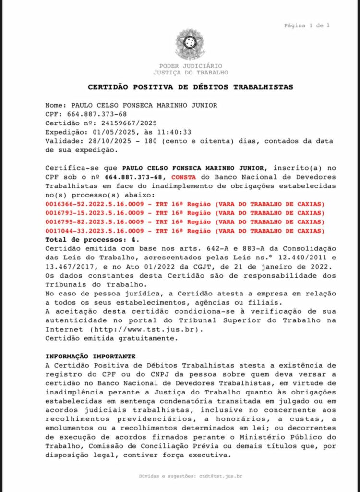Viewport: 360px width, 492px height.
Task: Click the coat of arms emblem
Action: click(x=190, y=44)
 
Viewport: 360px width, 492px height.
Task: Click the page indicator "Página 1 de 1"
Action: click(x=307, y=25)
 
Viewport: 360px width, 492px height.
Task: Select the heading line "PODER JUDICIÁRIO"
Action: click(x=191, y=66)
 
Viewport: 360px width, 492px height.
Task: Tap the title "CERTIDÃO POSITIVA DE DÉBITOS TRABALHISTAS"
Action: click(x=191, y=87)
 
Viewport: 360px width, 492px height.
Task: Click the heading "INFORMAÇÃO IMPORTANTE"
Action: click(x=91, y=357)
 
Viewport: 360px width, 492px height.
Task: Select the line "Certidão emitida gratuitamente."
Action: click(x=111, y=338)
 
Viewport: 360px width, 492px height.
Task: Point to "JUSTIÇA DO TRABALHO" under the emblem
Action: click(x=191, y=73)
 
